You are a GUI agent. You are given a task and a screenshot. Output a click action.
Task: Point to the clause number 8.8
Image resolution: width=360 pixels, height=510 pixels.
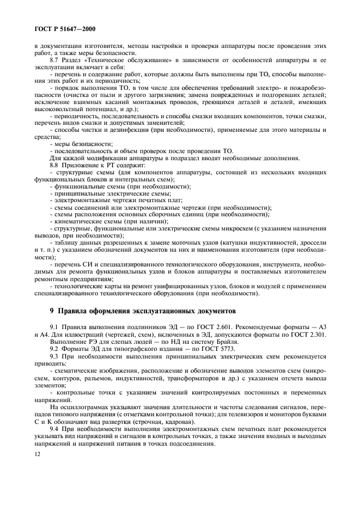coord(55,165)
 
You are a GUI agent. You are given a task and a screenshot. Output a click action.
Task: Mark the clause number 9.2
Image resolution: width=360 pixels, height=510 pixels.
coord(55,348)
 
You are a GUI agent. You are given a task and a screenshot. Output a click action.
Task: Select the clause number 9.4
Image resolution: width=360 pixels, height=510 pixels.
coord(55,429)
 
